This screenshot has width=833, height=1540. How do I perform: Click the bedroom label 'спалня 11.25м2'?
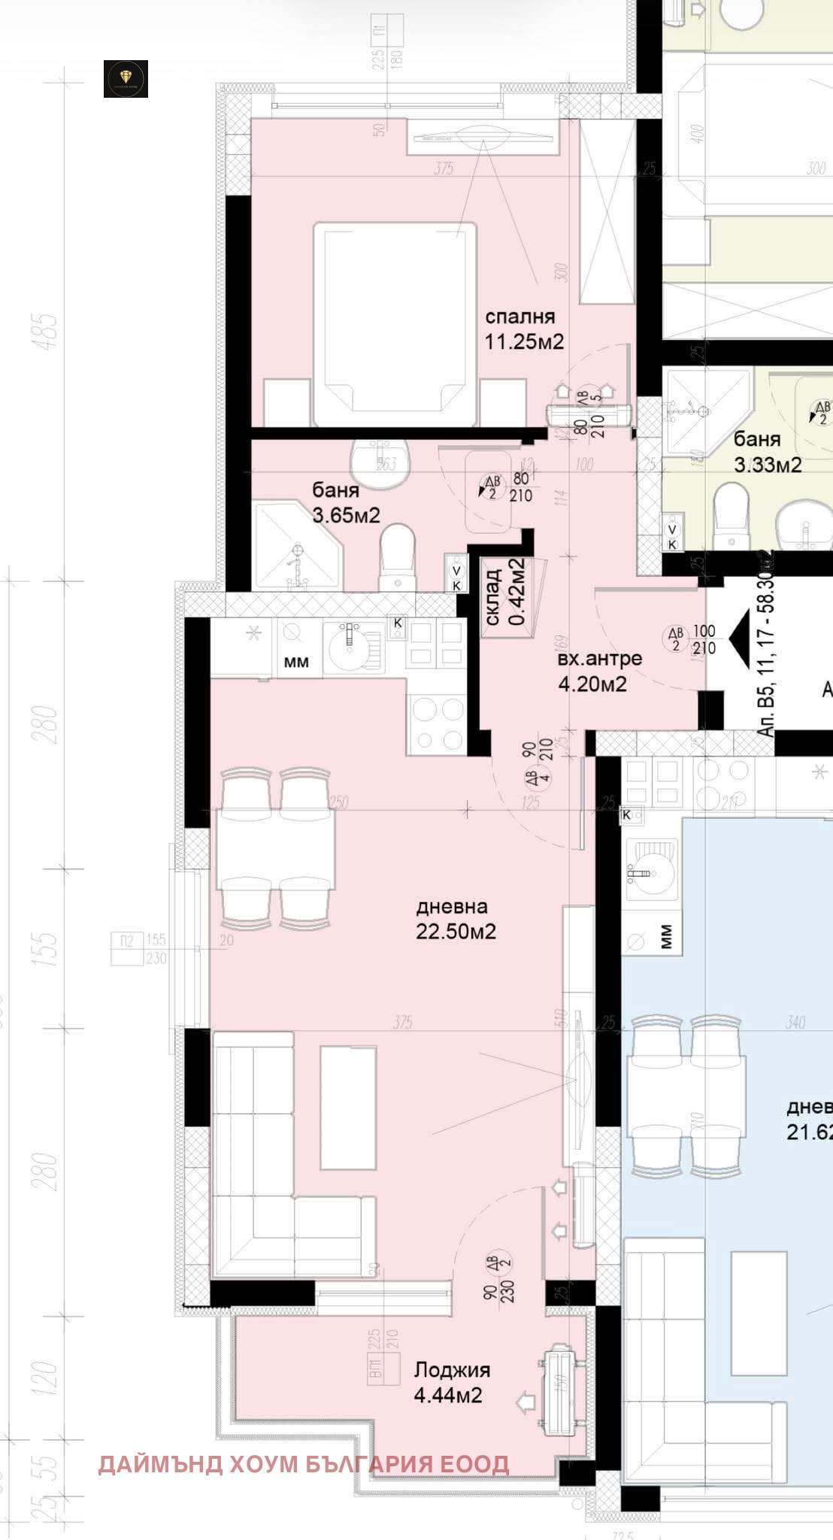[x=523, y=329]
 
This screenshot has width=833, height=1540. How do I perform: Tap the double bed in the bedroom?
[x=395, y=323]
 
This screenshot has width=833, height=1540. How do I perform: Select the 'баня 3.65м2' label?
[x=346, y=503]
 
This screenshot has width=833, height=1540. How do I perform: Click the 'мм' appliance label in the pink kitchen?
[x=296, y=662]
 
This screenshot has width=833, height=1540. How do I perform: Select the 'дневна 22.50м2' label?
[x=456, y=919]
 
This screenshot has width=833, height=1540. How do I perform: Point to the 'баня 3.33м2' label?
[x=767, y=451]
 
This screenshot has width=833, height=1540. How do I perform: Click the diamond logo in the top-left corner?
[x=126, y=79]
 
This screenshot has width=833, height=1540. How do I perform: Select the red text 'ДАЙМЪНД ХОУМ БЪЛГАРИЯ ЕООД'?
[x=304, y=1463]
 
